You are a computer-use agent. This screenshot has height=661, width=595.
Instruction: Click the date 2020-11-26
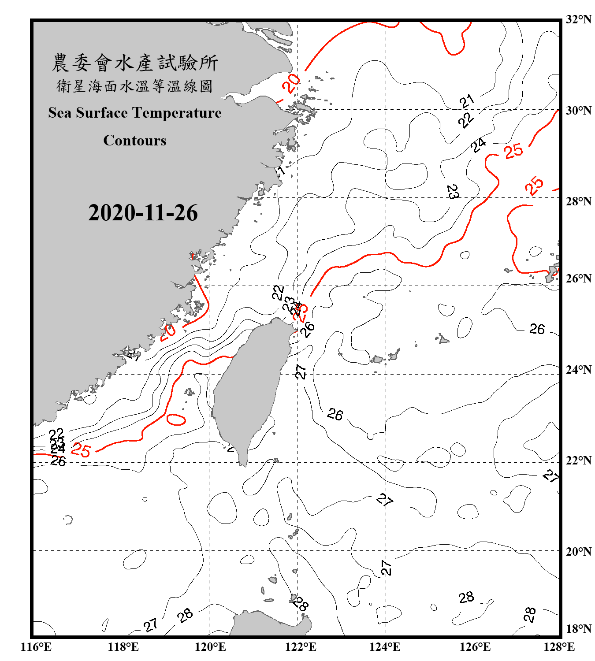pyautogui.click(x=143, y=213)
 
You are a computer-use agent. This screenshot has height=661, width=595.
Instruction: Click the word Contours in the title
pyautogui.click(x=135, y=141)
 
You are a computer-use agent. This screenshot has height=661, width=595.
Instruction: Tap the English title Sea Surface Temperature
pyautogui.click(x=135, y=113)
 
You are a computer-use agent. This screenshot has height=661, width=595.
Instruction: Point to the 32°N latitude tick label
pyautogui.click(x=578, y=19)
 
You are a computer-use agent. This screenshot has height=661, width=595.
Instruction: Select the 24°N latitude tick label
pyautogui.click(x=578, y=370)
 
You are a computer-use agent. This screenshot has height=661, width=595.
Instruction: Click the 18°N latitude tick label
pyautogui.click(x=578, y=629)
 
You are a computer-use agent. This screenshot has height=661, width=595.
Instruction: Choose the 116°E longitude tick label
pyautogui.click(x=36, y=647)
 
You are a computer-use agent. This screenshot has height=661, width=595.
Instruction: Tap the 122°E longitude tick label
pyautogui.click(x=301, y=647)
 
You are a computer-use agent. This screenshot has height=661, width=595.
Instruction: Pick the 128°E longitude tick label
pyautogui.click(x=559, y=647)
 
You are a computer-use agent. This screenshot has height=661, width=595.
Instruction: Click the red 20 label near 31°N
pyautogui.click(x=291, y=83)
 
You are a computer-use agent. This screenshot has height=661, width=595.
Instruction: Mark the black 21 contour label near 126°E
pyautogui.click(x=467, y=101)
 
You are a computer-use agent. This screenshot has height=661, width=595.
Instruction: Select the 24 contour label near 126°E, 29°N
pyautogui.click(x=479, y=145)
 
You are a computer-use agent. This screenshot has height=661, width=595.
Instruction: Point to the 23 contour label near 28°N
pyautogui.click(x=453, y=192)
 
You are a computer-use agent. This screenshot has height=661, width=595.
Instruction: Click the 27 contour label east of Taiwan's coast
pyautogui.click(x=301, y=371)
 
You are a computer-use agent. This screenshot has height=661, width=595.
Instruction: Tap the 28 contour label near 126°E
pyautogui.click(x=466, y=598)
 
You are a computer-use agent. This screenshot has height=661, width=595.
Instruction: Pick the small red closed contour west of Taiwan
pyautogui.click(x=176, y=420)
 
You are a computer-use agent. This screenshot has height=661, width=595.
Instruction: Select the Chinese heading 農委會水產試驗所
pyautogui.click(x=135, y=63)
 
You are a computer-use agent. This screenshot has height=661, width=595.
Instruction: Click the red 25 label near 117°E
pyautogui.click(x=81, y=450)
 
